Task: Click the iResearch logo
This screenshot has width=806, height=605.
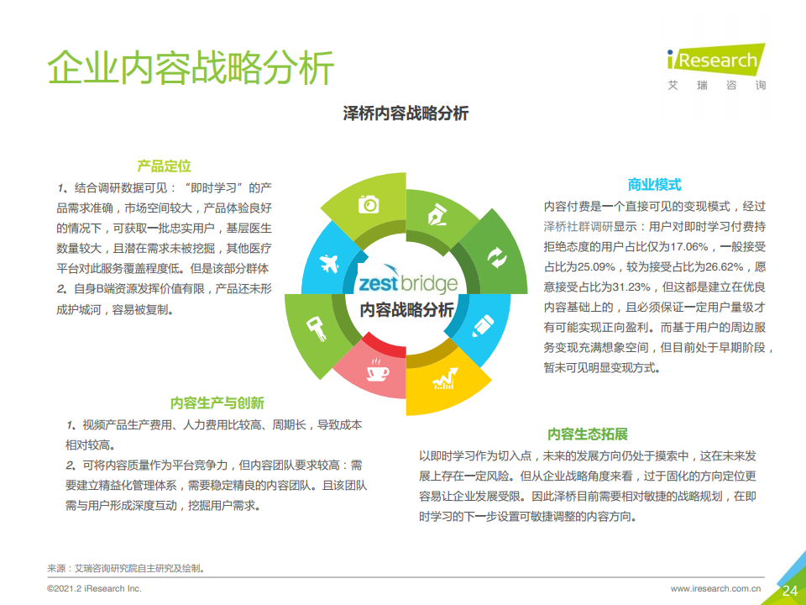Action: click(x=716, y=67)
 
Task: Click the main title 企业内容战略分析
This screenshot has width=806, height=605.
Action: click(x=191, y=67)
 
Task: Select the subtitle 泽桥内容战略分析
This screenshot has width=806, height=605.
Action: click(x=406, y=113)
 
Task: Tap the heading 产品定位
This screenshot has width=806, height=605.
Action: click(x=164, y=166)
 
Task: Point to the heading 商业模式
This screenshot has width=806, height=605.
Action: click(x=654, y=185)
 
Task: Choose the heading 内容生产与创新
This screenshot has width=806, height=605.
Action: click(x=217, y=402)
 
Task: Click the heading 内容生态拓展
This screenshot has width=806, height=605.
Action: click(x=588, y=434)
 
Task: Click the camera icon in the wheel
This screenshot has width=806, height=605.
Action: click(x=369, y=204)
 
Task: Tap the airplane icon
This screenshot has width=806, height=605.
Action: click(x=329, y=263)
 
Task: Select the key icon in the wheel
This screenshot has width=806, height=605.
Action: click(x=317, y=329)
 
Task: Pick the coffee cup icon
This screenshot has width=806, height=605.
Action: click(x=377, y=370)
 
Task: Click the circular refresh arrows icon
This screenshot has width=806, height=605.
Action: click(x=497, y=258)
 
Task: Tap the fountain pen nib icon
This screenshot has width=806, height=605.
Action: click(x=437, y=215)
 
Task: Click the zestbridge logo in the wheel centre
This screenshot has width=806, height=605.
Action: click(x=408, y=281)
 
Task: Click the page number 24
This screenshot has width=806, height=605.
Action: click(x=789, y=590)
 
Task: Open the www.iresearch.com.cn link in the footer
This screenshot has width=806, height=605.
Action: click(x=715, y=588)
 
